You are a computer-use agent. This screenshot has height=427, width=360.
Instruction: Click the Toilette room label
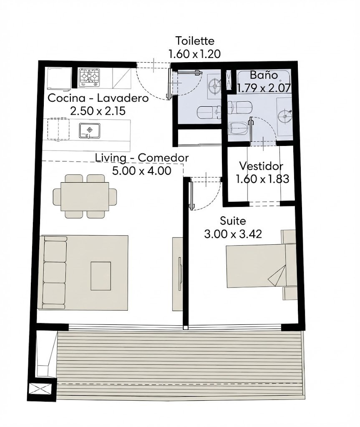[x=195, y=40]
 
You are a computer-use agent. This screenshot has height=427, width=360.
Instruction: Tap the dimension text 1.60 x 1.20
[x=194, y=54]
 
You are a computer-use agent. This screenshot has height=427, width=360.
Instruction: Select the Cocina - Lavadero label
[x=98, y=98]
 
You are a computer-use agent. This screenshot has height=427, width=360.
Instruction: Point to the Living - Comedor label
[x=142, y=158]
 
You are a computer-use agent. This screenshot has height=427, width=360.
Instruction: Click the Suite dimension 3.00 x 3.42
[x=233, y=234]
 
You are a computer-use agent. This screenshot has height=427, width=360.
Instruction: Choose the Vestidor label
[x=261, y=166]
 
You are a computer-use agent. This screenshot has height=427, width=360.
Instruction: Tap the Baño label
[x=264, y=75]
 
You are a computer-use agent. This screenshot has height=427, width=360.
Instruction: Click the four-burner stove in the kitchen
[x=89, y=78]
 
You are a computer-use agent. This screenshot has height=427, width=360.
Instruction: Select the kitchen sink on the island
[x=90, y=131]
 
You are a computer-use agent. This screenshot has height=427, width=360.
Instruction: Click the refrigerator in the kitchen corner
[x=59, y=78]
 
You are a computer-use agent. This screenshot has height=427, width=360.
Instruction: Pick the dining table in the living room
[x=85, y=196]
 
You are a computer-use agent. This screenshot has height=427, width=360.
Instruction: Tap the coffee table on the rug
[x=101, y=276]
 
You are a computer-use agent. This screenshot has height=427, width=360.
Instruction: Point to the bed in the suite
[x=261, y=266]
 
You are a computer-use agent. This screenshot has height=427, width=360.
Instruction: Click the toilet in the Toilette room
[x=209, y=113]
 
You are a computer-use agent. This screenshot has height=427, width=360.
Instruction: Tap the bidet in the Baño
[x=239, y=128]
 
